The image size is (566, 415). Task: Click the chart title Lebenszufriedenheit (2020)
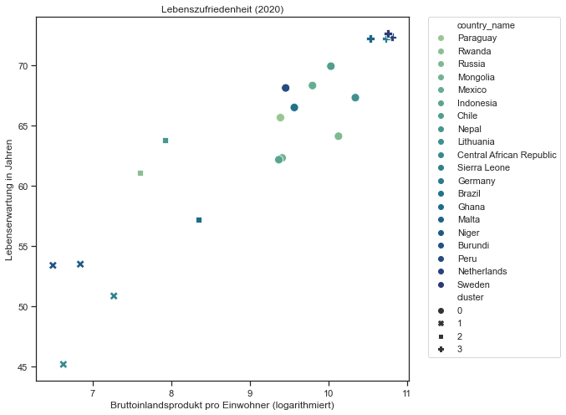point(222,9)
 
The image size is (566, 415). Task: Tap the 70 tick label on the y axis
point(23,65)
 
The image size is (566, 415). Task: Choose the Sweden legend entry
point(473,284)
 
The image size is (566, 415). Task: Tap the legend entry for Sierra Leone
point(484,168)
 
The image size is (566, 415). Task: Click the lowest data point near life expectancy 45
point(64,365)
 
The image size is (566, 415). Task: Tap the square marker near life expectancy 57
point(199,220)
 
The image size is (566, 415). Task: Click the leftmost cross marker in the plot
point(53,265)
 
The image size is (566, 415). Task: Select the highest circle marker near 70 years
point(331,66)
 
